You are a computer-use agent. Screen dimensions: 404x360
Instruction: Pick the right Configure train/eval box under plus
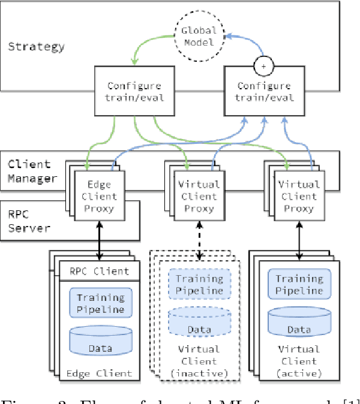[265, 92]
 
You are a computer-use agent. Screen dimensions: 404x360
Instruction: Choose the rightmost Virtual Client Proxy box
[298, 197]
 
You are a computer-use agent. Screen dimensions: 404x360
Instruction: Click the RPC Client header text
[99, 272]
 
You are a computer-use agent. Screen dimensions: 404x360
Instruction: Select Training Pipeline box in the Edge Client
[100, 303]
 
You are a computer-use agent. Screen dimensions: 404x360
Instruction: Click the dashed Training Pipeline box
[199, 284]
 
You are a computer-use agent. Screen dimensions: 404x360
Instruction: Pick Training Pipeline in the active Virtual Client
[298, 284]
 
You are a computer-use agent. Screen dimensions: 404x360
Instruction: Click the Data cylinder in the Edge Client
[100, 340]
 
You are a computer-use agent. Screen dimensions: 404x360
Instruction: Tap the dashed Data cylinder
[198, 322]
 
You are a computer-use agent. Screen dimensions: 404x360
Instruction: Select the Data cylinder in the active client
[298, 322]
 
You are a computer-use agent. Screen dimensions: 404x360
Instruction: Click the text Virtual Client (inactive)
[198, 361]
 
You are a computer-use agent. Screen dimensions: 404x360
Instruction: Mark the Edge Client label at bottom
[99, 373]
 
